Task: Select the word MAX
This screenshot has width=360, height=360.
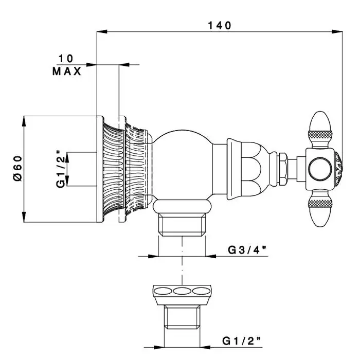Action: point(67,71)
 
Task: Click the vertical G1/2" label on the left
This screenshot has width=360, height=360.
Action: point(60,169)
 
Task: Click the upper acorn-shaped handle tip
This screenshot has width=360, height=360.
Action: point(321,127)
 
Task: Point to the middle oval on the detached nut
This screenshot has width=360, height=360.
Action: point(182,291)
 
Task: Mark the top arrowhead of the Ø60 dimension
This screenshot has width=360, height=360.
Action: point(24,120)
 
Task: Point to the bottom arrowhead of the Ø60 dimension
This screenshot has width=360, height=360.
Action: point(24,219)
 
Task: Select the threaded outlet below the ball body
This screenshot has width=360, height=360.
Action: point(183,225)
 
